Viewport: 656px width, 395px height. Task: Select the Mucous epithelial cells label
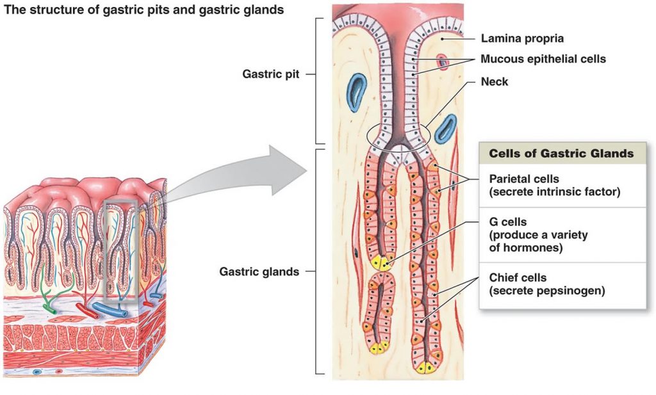pos(543,59)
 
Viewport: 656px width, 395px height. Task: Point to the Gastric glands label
pos(259,271)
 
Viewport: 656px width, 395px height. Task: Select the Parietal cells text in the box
pos(524,179)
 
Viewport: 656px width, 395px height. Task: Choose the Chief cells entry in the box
pos(518,278)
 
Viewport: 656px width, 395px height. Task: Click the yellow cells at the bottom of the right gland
pos(425,367)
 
